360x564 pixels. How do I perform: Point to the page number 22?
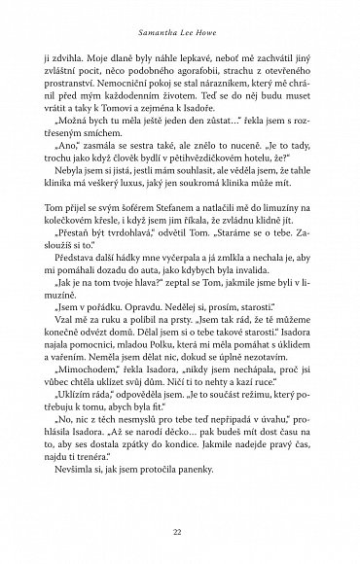(x=180, y=531)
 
